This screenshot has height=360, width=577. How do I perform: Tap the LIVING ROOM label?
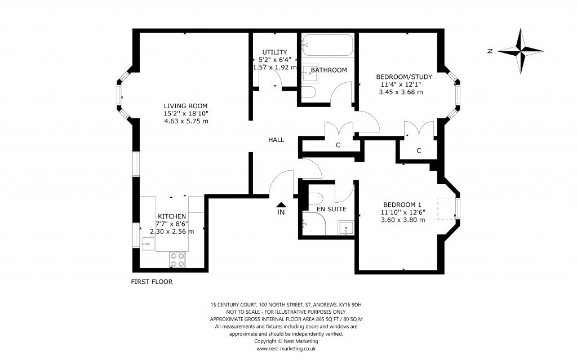[185, 106]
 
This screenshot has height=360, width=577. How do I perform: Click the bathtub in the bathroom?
[327, 45]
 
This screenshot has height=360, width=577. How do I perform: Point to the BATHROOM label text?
[329, 70]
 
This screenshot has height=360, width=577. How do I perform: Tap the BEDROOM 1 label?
[402, 205]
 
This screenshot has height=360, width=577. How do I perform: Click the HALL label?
[276, 140]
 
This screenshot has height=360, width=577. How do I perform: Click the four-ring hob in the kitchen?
[177, 259]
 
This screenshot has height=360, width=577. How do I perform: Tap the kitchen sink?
[148, 243]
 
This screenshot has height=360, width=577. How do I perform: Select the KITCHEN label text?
[171, 216]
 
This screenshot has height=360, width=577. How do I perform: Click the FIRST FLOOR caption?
[152, 282]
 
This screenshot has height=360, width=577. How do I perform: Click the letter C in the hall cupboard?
[338, 145]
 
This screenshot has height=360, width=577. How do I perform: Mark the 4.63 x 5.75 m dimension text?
[186, 121]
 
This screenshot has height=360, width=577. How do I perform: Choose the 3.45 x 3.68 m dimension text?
[401, 92]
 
